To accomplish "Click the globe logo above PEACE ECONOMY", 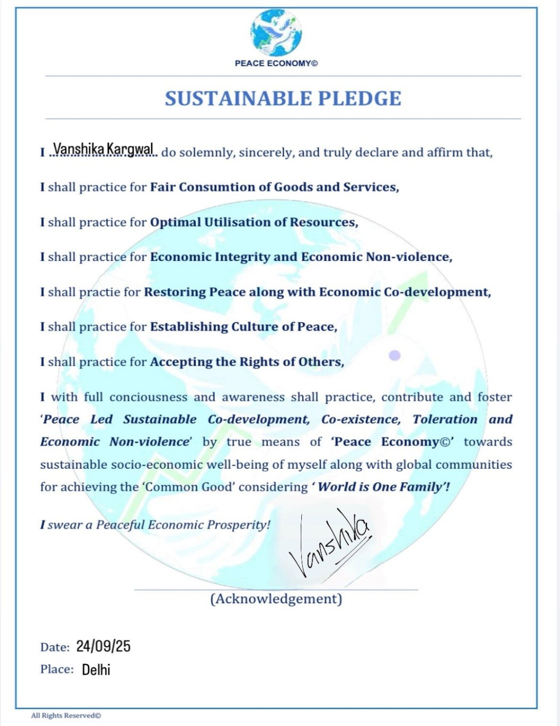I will tap(276, 33).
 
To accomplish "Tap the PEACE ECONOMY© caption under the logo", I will tap(276, 63).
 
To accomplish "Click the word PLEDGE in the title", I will tap(359, 99).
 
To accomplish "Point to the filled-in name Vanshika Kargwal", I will tap(104, 149).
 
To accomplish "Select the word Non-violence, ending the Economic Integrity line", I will tap(409, 257).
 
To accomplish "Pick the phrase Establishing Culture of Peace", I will tap(243, 327).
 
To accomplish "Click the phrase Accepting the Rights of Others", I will tap(247, 362).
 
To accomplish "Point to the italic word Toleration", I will tap(445, 420).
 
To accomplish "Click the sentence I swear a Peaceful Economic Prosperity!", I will tap(156, 525).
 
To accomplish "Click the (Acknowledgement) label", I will tap(276, 599).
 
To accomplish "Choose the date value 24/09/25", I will tap(103, 646).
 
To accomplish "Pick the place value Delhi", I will tap(96, 669).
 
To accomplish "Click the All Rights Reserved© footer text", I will tap(66, 716).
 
